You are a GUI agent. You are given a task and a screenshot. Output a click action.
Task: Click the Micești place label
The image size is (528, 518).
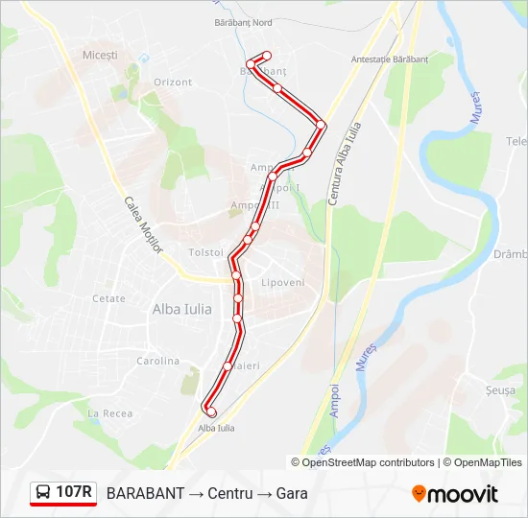100,56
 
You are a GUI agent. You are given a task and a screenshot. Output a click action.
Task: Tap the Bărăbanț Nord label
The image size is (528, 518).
244,21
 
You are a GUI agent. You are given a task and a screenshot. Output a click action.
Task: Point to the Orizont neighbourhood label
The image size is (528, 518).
173,82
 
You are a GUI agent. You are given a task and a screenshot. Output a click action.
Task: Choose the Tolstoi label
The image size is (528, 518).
206,252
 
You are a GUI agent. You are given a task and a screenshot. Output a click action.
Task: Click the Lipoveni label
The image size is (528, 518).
282,283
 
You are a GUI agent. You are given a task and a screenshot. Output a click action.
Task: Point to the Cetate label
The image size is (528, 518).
108,298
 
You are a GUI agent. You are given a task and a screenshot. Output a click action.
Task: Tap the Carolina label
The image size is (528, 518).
157,362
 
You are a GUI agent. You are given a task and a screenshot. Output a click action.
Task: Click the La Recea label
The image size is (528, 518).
109,412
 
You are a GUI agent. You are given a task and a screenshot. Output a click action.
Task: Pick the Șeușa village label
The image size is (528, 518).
500,391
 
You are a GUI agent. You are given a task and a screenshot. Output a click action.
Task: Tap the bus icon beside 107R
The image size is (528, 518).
43,493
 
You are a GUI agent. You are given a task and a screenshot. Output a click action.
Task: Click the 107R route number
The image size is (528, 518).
74,493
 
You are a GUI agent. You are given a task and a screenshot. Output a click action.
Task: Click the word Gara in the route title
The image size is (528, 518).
291,493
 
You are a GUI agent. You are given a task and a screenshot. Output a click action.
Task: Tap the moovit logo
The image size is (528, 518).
455,494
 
